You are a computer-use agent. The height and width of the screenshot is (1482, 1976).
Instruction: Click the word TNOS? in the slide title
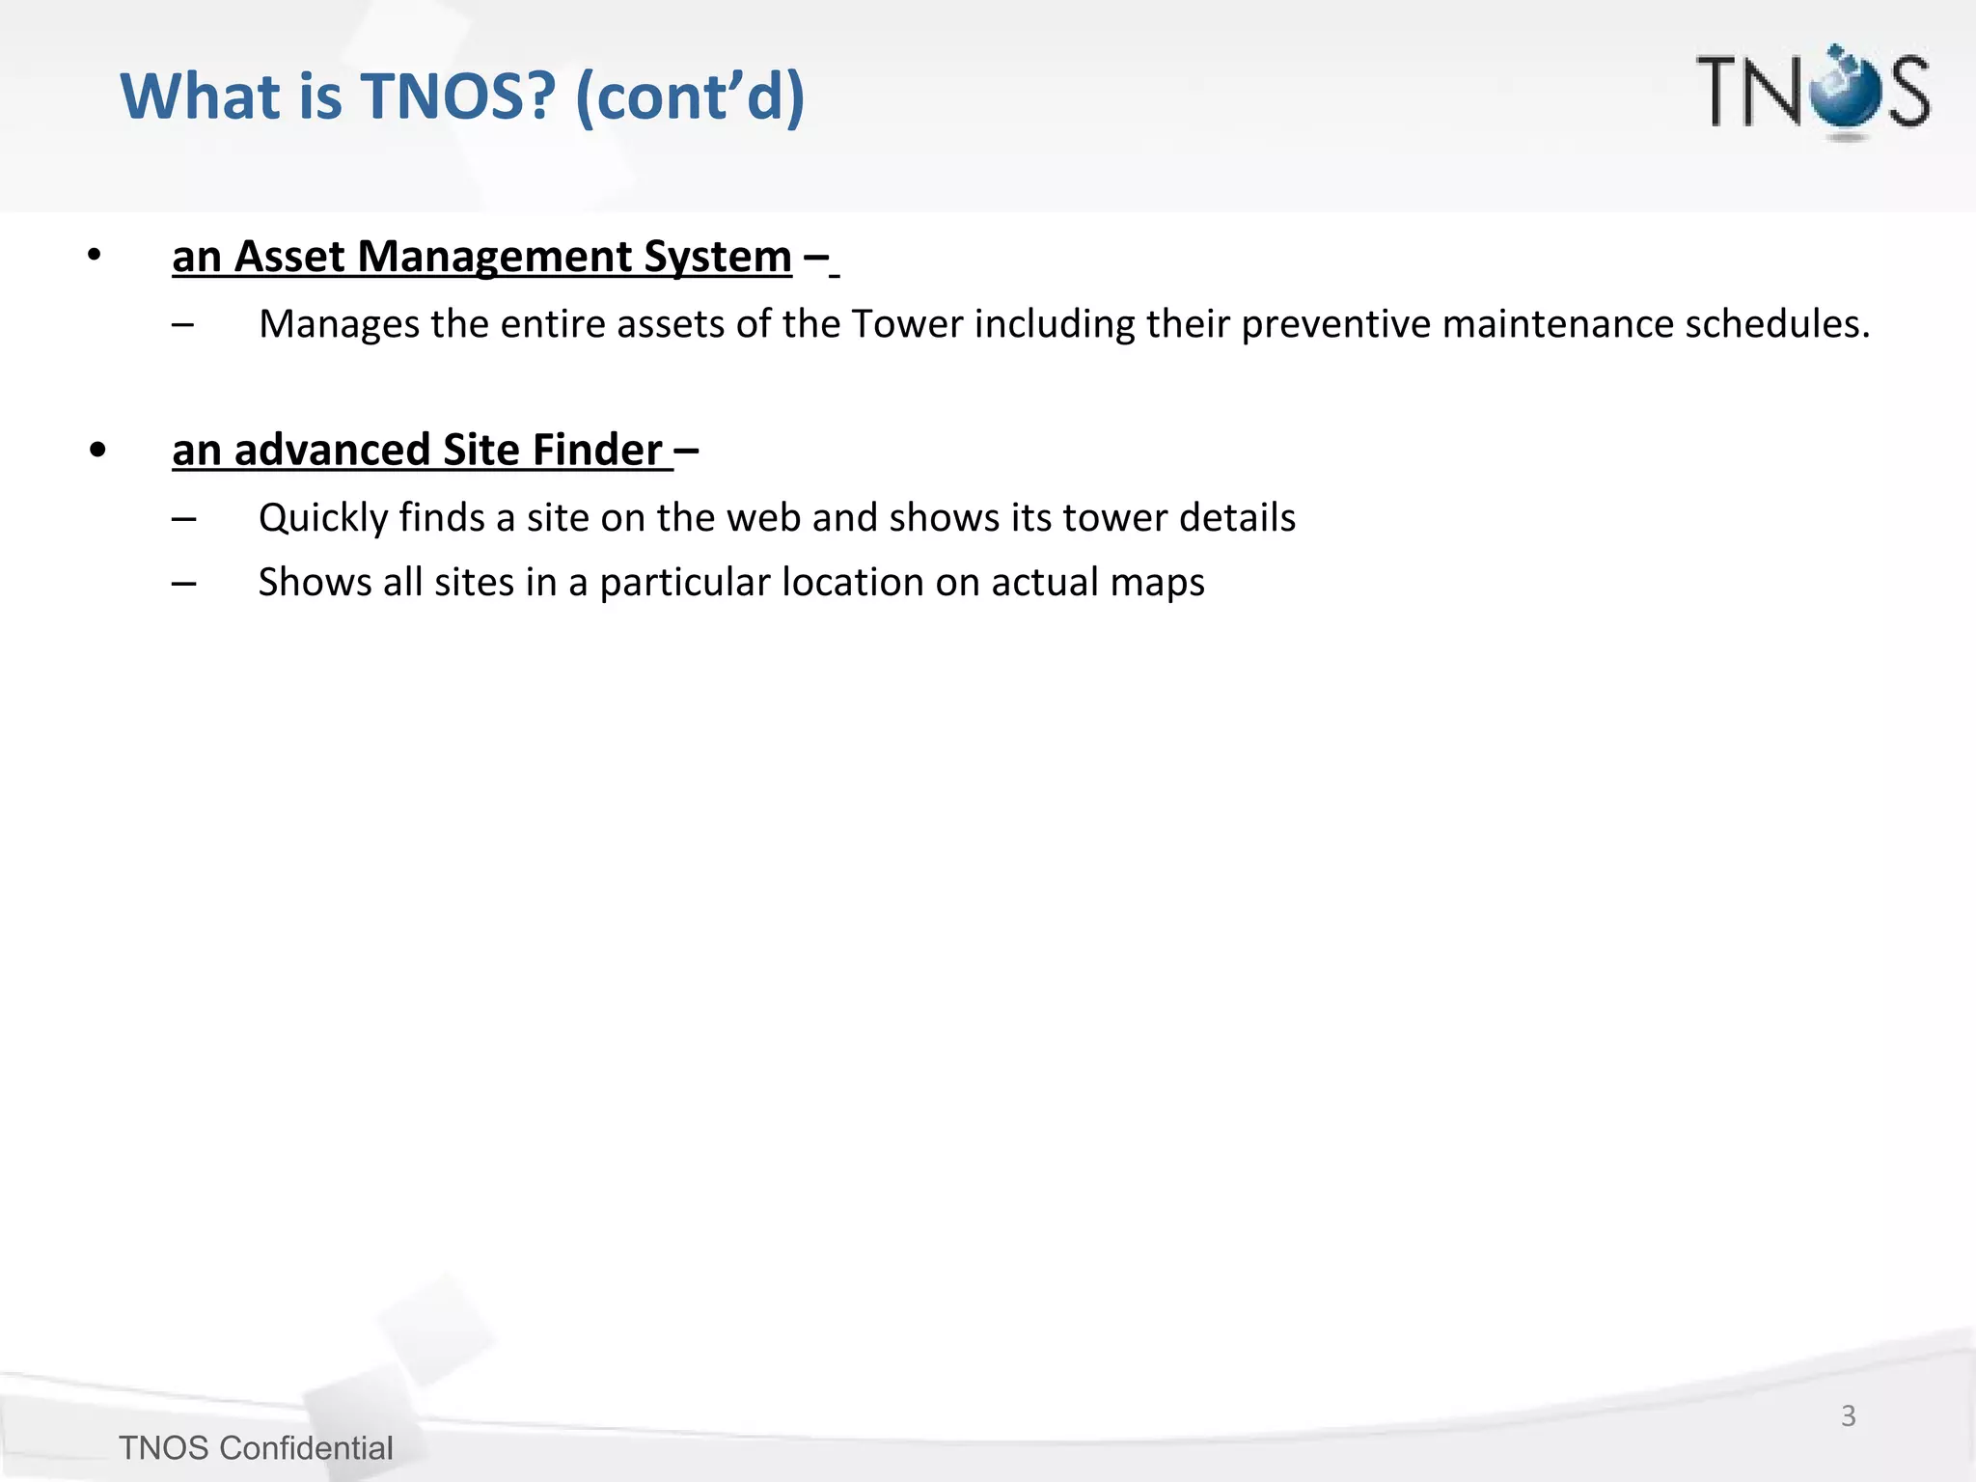[458, 96]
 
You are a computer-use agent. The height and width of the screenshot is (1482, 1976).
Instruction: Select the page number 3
[1848, 1415]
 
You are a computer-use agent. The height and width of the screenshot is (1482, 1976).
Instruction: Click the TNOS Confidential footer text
[256, 1448]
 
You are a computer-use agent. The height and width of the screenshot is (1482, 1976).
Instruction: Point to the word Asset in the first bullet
[289, 257]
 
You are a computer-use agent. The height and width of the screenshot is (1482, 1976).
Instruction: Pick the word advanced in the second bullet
[332, 451]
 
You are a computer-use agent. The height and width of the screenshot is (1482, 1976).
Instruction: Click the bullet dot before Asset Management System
[94, 257]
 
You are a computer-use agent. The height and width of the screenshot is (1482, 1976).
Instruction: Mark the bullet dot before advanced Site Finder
[96, 451]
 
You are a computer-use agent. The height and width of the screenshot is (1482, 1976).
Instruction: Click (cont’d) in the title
[689, 96]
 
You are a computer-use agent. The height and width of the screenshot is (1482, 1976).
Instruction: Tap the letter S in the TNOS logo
[1908, 92]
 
